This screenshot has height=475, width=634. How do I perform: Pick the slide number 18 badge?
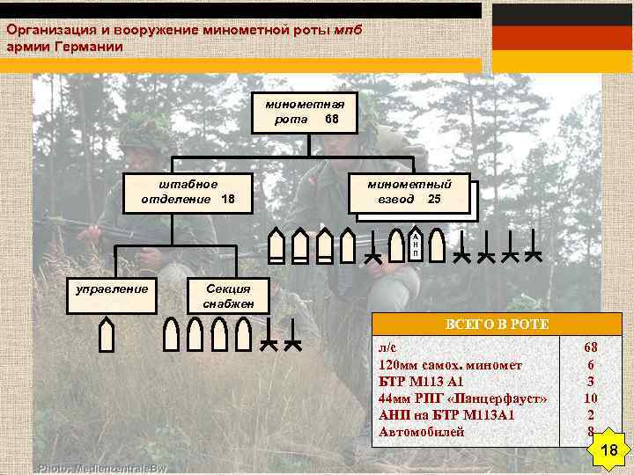pyautogui.click(x=607, y=451)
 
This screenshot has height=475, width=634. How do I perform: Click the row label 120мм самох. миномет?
pyautogui.click(x=450, y=364)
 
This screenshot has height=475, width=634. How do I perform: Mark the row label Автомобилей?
pyautogui.click(x=421, y=431)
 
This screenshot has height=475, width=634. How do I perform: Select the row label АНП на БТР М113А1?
pyautogui.click(x=446, y=414)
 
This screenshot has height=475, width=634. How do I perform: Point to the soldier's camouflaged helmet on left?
pyautogui.click(x=145, y=132)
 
